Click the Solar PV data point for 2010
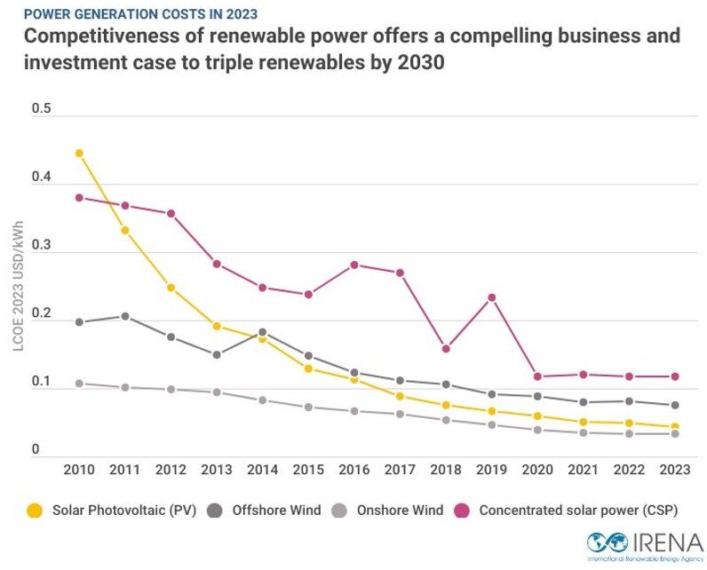tap(79, 153)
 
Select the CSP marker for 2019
tap(492, 297)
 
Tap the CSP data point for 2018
tap(446, 349)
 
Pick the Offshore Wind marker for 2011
tap(125, 316)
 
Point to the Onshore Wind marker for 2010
tap(79, 384)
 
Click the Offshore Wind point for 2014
tap(263, 332)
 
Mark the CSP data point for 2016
tap(354, 265)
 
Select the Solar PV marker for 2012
tap(171, 288)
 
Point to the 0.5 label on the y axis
tap(42, 109)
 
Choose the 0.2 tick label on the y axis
tap(42, 314)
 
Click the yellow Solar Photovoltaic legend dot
tap(35, 511)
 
